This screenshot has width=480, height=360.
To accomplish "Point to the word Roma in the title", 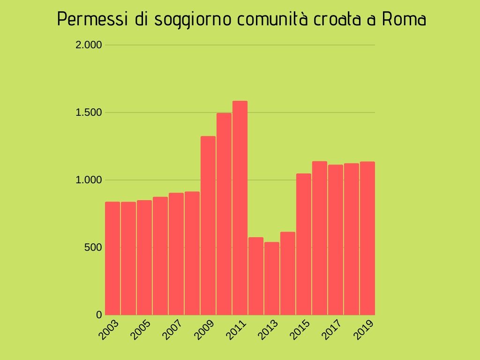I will [x=404, y=20].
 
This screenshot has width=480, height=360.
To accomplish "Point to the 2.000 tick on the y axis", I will [x=89, y=45].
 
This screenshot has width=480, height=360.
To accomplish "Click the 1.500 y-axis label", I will [x=89, y=112].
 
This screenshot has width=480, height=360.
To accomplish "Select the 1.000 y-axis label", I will [x=89, y=180].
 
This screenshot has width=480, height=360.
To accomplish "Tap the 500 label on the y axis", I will [x=93, y=247].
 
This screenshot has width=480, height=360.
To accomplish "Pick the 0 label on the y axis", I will [x=99, y=315].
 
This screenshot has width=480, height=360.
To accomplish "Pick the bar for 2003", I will [x=112, y=258].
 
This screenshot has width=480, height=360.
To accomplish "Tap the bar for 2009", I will [x=208, y=225].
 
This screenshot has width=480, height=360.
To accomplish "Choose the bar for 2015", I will [x=304, y=244].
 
